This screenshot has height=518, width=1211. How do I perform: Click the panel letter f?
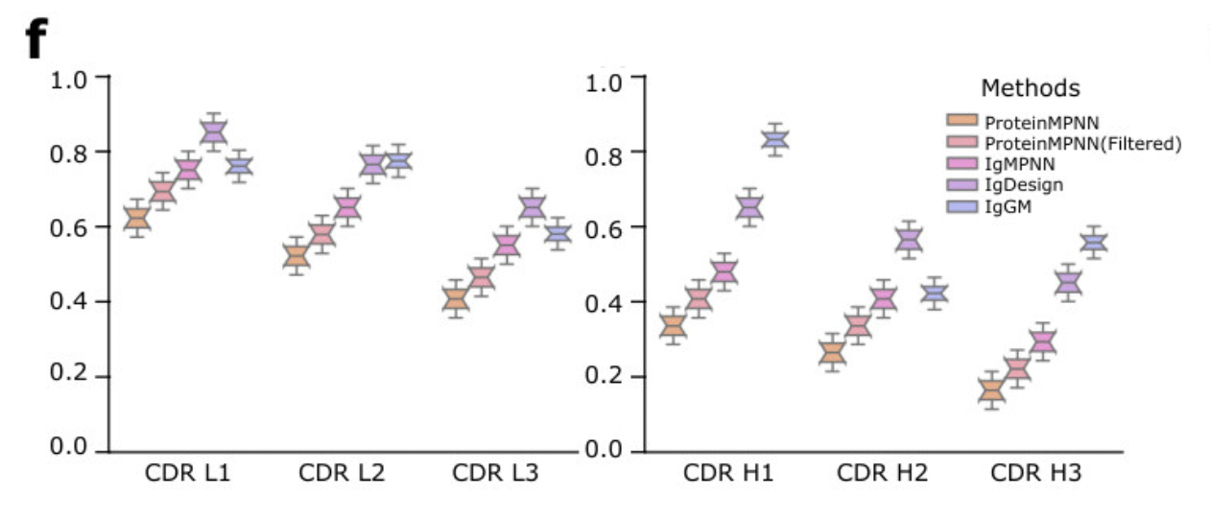click(35, 39)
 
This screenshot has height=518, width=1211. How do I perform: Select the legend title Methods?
click(1030, 88)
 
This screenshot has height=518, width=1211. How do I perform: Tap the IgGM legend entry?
click(1006, 205)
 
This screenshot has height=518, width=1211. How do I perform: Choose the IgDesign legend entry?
click(1024, 184)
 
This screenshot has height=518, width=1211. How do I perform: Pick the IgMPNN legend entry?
click(1018, 164)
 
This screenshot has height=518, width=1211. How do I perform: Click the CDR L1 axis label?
click(187, 473)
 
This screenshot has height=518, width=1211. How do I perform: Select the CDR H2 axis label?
click(882, 473)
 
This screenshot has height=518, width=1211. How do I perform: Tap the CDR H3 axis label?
click(1036, 473)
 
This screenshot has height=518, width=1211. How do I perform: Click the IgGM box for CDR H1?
click(774, 140)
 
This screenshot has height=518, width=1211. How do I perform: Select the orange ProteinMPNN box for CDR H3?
click(991, 390)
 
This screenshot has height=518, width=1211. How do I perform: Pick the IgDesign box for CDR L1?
click(214, 132)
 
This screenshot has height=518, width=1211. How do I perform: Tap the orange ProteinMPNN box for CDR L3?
click(456, 300)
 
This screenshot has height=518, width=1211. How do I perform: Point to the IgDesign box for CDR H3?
click(1068, 282)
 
